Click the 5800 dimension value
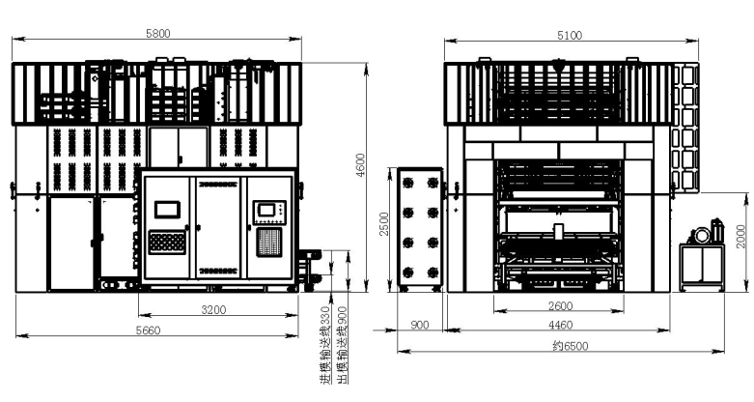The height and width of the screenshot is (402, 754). tap(157, 33)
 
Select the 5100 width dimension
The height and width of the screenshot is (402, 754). tap(570, 35)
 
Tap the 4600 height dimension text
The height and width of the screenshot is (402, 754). tap(361, 165)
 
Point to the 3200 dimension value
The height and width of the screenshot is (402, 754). tap(213, 309)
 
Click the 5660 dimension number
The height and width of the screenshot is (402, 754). tap(148, 330)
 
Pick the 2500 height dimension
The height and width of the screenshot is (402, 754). tap(384, 224)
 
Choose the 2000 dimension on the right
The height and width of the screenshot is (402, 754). tap(741, 237)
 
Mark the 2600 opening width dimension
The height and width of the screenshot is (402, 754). tap(561, 305)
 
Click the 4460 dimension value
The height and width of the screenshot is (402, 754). tap(561, 325)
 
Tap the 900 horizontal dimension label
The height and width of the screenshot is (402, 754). tap(420, 325)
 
